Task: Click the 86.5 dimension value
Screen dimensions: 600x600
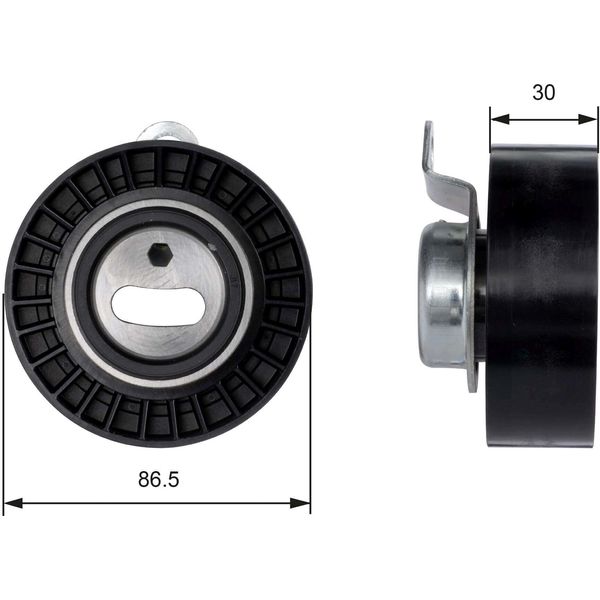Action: pos(158,479)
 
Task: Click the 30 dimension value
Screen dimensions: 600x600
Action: pos(543,93)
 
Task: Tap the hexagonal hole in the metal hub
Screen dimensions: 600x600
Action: pos(160,254)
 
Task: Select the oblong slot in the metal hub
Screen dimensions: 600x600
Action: pos(159,307)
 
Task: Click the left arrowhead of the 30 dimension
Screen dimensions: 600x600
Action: pos(500,119)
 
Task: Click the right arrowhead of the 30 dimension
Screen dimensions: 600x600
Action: pos(587,119)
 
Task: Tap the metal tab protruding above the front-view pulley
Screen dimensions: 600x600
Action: pos(168,132)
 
